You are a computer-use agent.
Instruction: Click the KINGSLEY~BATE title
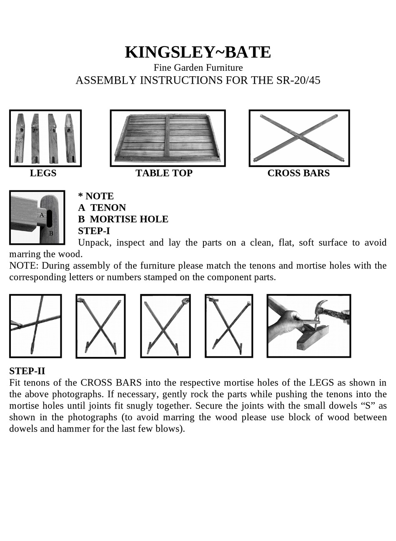[198, 52]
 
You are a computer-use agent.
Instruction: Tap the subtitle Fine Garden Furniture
[198, 67]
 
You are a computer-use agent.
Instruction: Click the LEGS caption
[43, 173]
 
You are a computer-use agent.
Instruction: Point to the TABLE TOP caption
[164, 173]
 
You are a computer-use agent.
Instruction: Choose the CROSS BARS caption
[298, 173]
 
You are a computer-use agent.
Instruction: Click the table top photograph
[168, 138]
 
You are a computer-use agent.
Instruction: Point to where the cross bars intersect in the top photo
[298, 136]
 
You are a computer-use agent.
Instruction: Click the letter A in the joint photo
[42, 215]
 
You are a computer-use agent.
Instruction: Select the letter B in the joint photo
[51, 234]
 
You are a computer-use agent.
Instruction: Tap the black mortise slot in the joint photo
[49, 218]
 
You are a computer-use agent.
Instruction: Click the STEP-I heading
[94, 231]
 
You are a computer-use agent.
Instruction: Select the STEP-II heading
[27, 371]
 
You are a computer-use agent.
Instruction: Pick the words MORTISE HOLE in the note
[129, 219]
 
